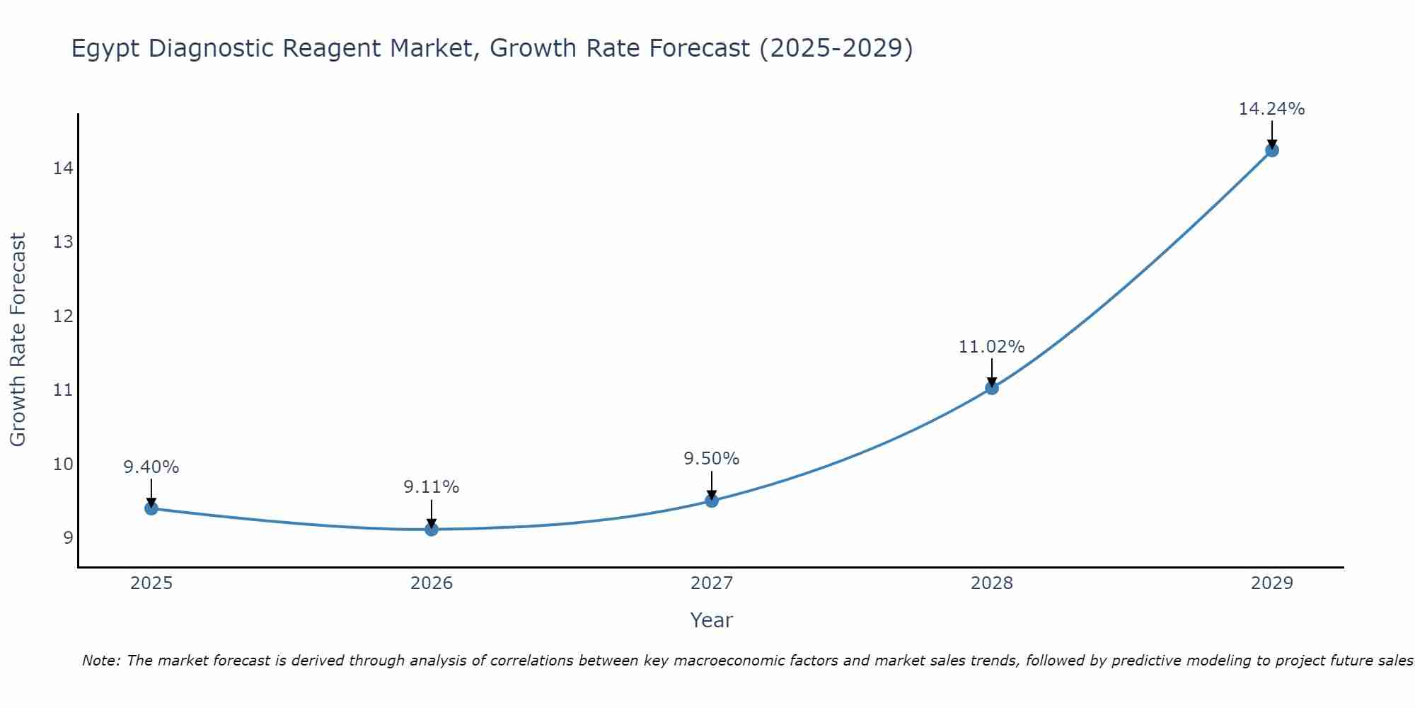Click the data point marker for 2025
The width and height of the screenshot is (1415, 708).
[x=151, y=508]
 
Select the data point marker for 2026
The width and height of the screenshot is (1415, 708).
[x=432, y=529]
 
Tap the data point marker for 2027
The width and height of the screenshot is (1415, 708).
[x=712, y=501]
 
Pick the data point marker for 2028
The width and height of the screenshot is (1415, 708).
[x=992, y=388]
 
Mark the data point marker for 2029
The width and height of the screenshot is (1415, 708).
[x=1271, y=150]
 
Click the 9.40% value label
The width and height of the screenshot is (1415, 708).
[x=151, y=467]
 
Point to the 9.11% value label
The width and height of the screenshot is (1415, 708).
[x=432, y=487]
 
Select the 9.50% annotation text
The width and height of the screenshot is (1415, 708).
[x=712, y=459]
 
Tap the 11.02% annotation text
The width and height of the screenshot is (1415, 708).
[x=992, y=347]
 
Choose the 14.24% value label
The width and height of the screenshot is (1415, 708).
[x=1271, y=109]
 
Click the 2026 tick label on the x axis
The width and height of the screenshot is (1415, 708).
[x=432, y=583]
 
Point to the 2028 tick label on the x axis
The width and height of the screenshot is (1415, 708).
[x=992, y=583]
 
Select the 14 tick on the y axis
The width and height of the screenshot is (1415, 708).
[x=63, y=169]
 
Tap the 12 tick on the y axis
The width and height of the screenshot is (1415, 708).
[x=63, y=316]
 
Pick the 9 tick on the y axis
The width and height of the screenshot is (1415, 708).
[x=68, y=538]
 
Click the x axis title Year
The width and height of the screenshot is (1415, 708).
[x=712, y=620]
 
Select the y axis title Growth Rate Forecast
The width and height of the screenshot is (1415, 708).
[x=18, y=340]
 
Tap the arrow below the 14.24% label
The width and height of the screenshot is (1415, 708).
[x=1271, y=135]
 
